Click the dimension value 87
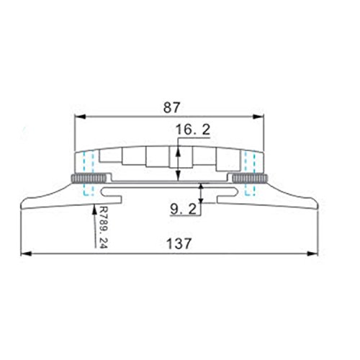point(171,108)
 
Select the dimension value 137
point(179,243)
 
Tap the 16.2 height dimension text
point(193,130)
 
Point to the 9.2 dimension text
point(184,210)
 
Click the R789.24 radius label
point(104,227)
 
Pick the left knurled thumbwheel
point(89,179)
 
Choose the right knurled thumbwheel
point(250,179)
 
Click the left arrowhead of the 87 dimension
point(80,117)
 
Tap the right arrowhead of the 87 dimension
point(258,117)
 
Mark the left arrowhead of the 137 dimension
point(27,253)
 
